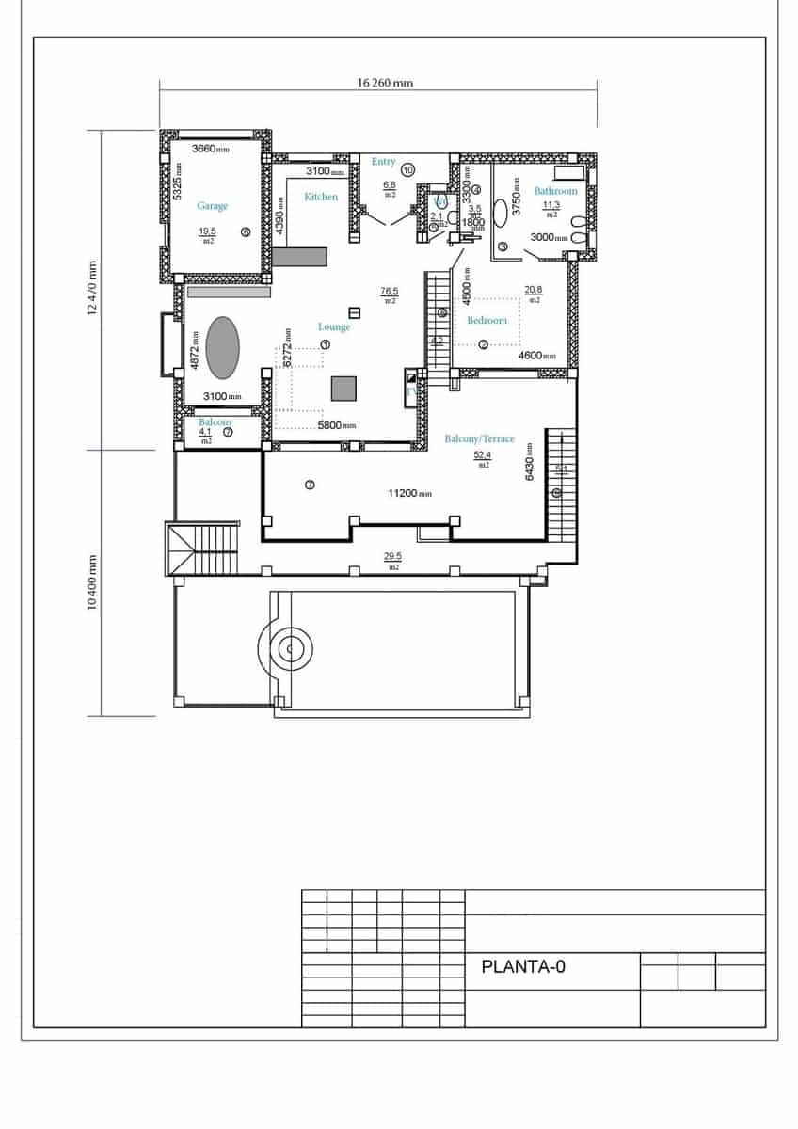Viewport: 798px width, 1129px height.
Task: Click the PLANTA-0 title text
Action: click(522, 966)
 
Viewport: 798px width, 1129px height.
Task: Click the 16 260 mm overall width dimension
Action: click(385, 83)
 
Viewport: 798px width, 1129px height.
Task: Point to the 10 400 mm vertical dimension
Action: click(93, 582)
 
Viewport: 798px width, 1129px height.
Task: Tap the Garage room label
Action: click(212, 206)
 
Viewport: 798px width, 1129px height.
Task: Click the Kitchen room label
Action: click(321, 197)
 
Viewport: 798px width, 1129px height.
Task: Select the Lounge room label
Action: click(334, 326)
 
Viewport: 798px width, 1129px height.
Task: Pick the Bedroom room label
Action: click(487, 320)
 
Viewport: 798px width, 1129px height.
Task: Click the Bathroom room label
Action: click(555, 191)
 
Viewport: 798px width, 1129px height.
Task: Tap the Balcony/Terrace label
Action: click(479, 439)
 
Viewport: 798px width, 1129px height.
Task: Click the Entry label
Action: click(383, 162)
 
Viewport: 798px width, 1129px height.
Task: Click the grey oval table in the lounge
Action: click(222, 347)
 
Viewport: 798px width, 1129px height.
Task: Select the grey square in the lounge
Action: click(343, 388)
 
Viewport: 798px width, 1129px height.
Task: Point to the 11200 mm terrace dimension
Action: click(409, 493)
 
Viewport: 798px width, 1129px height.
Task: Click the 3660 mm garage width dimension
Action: click(210, 149)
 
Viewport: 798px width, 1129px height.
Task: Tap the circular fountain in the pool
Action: click(291, 648)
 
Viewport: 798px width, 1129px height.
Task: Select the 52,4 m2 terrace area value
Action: click(483, 454)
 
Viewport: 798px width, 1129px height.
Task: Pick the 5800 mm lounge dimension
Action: click(337, 426)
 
